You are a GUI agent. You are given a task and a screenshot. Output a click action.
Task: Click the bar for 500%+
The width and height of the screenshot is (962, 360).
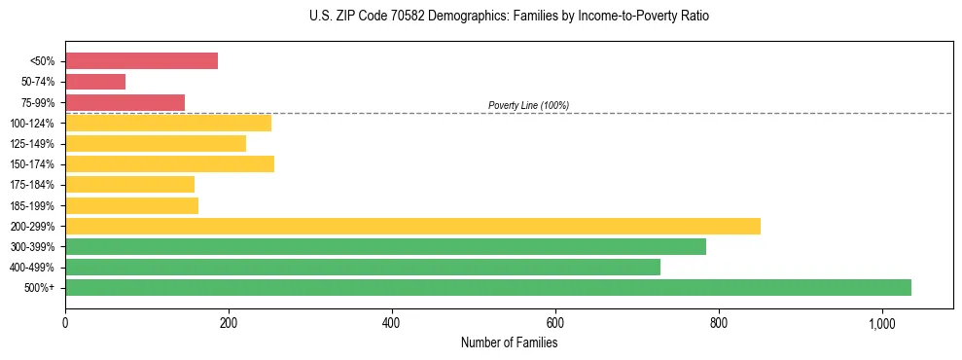click(487, 287)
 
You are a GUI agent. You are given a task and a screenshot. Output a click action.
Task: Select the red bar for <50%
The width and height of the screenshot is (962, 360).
click(141, 60)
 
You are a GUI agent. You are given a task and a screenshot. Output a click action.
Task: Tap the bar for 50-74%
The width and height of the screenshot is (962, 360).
click(95, 82)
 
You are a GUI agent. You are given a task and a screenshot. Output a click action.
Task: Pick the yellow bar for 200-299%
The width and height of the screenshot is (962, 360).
click(412, 226)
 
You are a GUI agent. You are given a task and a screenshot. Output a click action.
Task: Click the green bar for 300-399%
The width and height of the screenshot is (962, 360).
click(385, 246)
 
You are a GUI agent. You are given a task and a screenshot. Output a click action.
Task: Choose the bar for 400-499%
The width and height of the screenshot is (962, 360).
click(363, 267)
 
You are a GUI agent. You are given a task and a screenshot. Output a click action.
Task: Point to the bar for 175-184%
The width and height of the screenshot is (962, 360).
click(129, 184)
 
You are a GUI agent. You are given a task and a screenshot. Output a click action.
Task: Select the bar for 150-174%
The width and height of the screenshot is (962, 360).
click(169, 163)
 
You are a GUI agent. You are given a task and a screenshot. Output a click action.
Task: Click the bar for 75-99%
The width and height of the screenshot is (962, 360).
click(125, 102)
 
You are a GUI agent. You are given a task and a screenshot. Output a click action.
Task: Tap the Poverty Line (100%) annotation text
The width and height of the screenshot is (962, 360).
click(528, 105)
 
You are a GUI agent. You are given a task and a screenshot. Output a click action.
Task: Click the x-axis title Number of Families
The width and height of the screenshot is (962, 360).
click(509, 342)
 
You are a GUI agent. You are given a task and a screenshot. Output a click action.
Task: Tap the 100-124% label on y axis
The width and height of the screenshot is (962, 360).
click(32, 123)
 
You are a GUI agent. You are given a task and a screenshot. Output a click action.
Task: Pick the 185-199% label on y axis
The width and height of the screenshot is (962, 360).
click(32, 205)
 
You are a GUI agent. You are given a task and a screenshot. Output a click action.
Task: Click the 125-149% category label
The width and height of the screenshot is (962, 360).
click(32, 143)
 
